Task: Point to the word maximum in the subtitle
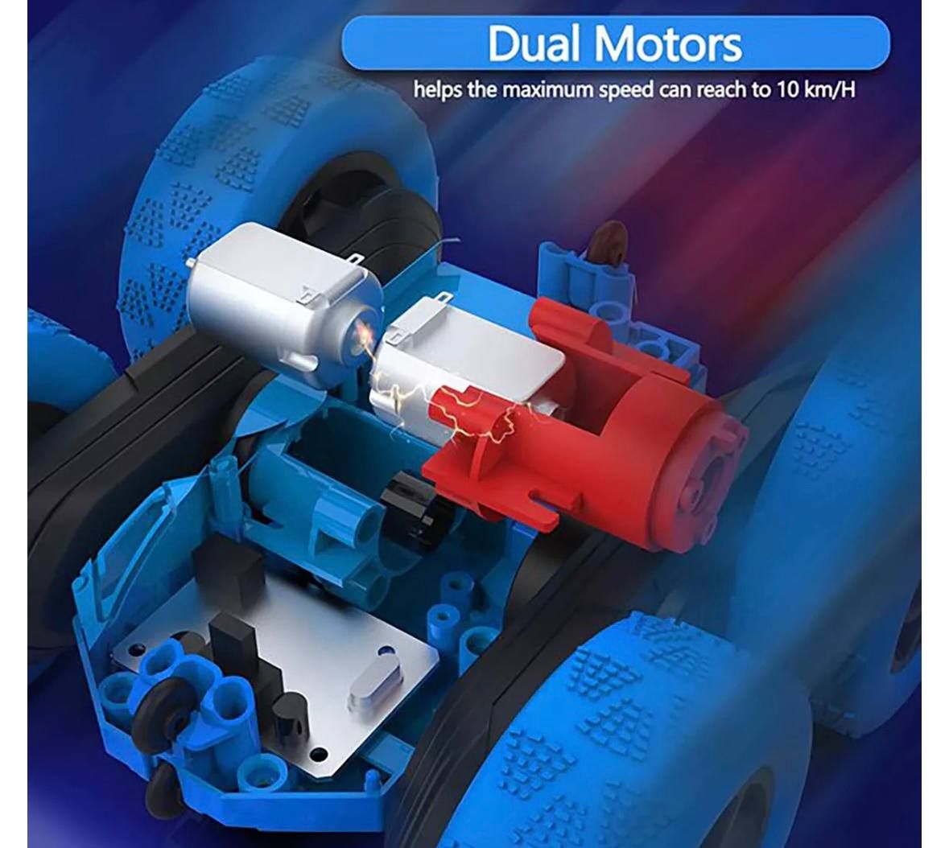[x=547, y=89]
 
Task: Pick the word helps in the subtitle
[x=438, y=89]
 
